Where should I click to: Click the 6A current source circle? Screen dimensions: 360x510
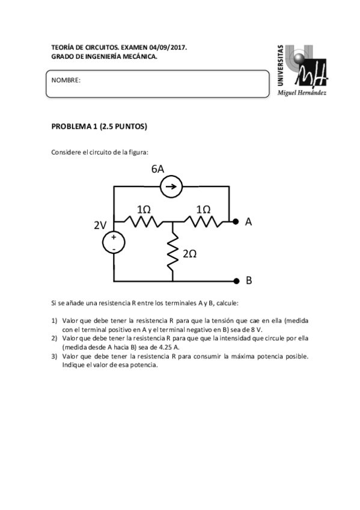[171, 188]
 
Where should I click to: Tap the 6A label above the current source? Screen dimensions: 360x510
[158, 169]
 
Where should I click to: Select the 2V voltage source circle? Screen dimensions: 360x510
[114, 242]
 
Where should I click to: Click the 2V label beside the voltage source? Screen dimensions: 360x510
[100, 225]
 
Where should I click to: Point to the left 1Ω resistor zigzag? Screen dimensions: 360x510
[143, 221]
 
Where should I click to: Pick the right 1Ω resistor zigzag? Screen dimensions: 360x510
[203, 221]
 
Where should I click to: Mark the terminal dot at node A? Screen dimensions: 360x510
[236, 221]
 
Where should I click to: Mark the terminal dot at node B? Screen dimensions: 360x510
[236, 281]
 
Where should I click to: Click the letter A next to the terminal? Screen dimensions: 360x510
[248, 221]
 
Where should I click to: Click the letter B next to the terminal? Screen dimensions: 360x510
[248, 281]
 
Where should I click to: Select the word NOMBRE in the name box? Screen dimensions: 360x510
[66, 80]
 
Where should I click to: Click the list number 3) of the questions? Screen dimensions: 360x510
[54, 356]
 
